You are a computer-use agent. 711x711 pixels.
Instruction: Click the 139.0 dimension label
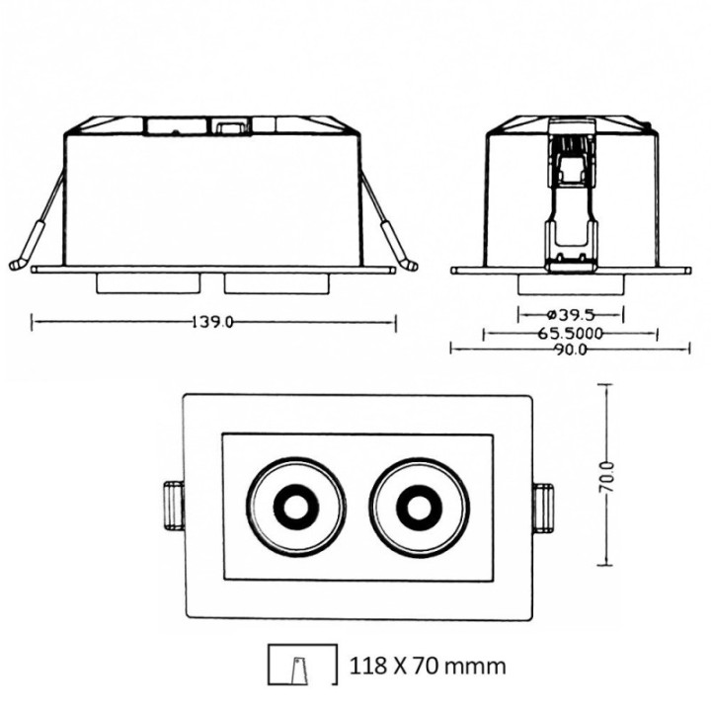click(x=213, y=322)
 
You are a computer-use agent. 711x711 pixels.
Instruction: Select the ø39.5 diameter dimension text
click(x=570, y=314)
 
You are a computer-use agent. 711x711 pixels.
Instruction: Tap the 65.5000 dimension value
click(x=570, y=333)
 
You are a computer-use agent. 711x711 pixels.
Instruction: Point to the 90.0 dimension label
click(x=570, y=349)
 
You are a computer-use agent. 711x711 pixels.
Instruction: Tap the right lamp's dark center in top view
click(x=419, y=508)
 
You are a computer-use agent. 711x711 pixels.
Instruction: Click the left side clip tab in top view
click(x=173, y=507)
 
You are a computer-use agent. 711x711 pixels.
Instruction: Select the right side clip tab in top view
click(x=542, y=507)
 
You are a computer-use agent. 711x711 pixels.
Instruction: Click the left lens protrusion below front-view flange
click(x=149, y=283)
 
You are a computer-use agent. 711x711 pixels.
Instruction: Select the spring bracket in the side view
click(x=571, y=197)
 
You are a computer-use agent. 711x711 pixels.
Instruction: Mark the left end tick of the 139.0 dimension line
click(x=33, y=322)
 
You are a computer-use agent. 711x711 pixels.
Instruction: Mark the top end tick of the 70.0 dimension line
click(x=605, y=385)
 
